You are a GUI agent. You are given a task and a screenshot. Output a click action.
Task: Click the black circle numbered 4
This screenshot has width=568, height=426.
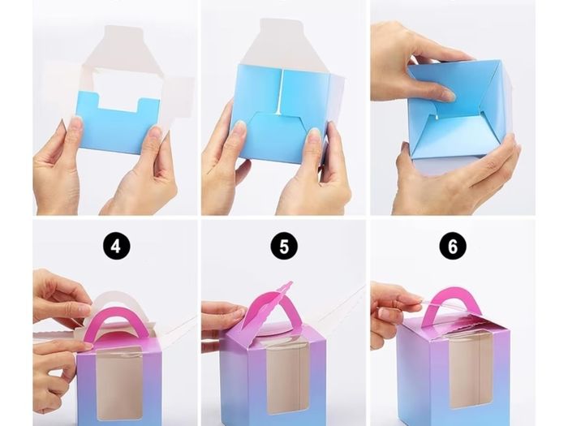coord(115,247)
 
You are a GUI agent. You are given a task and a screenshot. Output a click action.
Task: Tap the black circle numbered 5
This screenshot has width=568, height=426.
coord(284,247)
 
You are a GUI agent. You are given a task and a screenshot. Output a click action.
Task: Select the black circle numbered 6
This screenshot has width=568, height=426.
coord(453,247)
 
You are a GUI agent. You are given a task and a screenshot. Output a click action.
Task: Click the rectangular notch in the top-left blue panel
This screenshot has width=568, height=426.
coord(118,101)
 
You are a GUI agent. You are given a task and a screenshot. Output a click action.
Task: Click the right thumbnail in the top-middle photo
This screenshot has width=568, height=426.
coord(315,132)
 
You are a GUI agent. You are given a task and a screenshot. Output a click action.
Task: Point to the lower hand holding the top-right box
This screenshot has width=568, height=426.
coord(453,174)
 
